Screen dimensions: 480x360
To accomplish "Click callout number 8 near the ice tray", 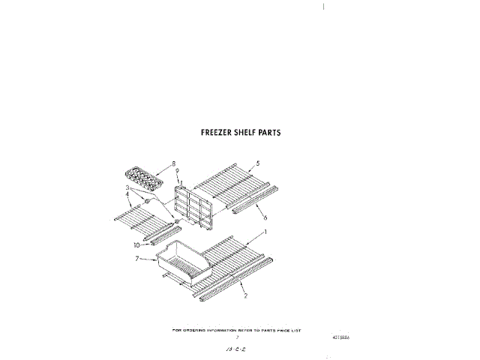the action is [173, 163].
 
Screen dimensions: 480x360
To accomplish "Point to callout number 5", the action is [258, 163].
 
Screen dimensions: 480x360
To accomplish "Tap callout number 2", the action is [245, 297].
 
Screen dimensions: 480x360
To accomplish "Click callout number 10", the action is [137, 244].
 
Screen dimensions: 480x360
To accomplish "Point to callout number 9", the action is [177, 171].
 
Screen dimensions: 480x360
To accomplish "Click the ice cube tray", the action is [142, 177].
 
